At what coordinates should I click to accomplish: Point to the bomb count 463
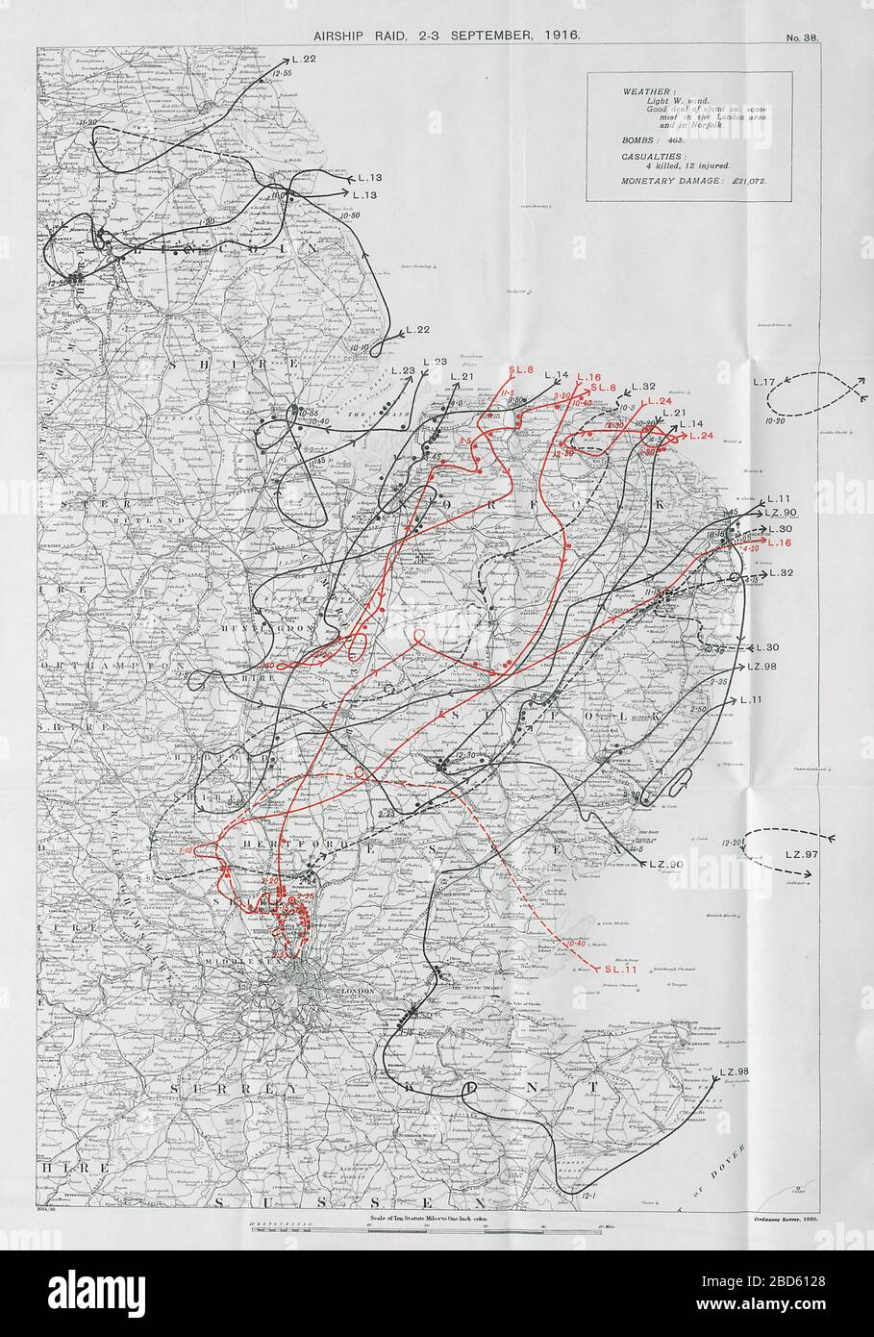(x=668, y=140)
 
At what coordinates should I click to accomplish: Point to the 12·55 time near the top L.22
(x=281, y=72)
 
